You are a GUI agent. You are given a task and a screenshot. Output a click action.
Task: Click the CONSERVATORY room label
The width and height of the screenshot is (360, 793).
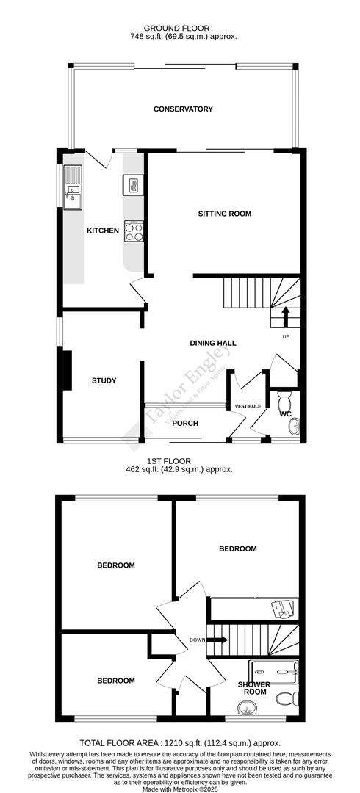click(183, 109)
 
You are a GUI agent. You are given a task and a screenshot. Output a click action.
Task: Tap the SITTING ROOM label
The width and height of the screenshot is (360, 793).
click(224, 214)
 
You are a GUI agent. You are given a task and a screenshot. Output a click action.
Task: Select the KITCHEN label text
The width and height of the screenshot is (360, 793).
click(103, 231)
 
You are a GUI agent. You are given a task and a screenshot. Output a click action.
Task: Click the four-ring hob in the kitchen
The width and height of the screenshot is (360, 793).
click(134, 231)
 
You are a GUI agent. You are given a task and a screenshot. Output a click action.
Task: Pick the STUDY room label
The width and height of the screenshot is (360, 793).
click(104, 380)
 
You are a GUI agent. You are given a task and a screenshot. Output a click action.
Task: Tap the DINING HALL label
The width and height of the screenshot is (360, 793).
click(213, 343)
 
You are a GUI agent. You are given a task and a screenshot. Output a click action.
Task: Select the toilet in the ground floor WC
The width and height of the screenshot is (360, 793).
click(285, 403)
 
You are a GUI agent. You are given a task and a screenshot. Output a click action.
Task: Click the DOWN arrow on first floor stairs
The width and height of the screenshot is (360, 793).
click(218, 640)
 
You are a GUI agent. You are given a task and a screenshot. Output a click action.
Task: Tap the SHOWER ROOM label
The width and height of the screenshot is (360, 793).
click(254, 688)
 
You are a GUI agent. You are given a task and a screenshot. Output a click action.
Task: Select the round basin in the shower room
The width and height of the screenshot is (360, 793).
click(246, 708)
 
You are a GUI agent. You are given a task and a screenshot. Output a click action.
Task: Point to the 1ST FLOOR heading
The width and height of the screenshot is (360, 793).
click(179, 461)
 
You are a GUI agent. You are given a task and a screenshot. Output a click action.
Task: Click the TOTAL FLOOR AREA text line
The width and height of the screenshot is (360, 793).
click(179, 743)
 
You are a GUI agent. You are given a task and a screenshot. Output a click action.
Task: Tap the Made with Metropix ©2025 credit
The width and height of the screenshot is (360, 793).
click(179, 788)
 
